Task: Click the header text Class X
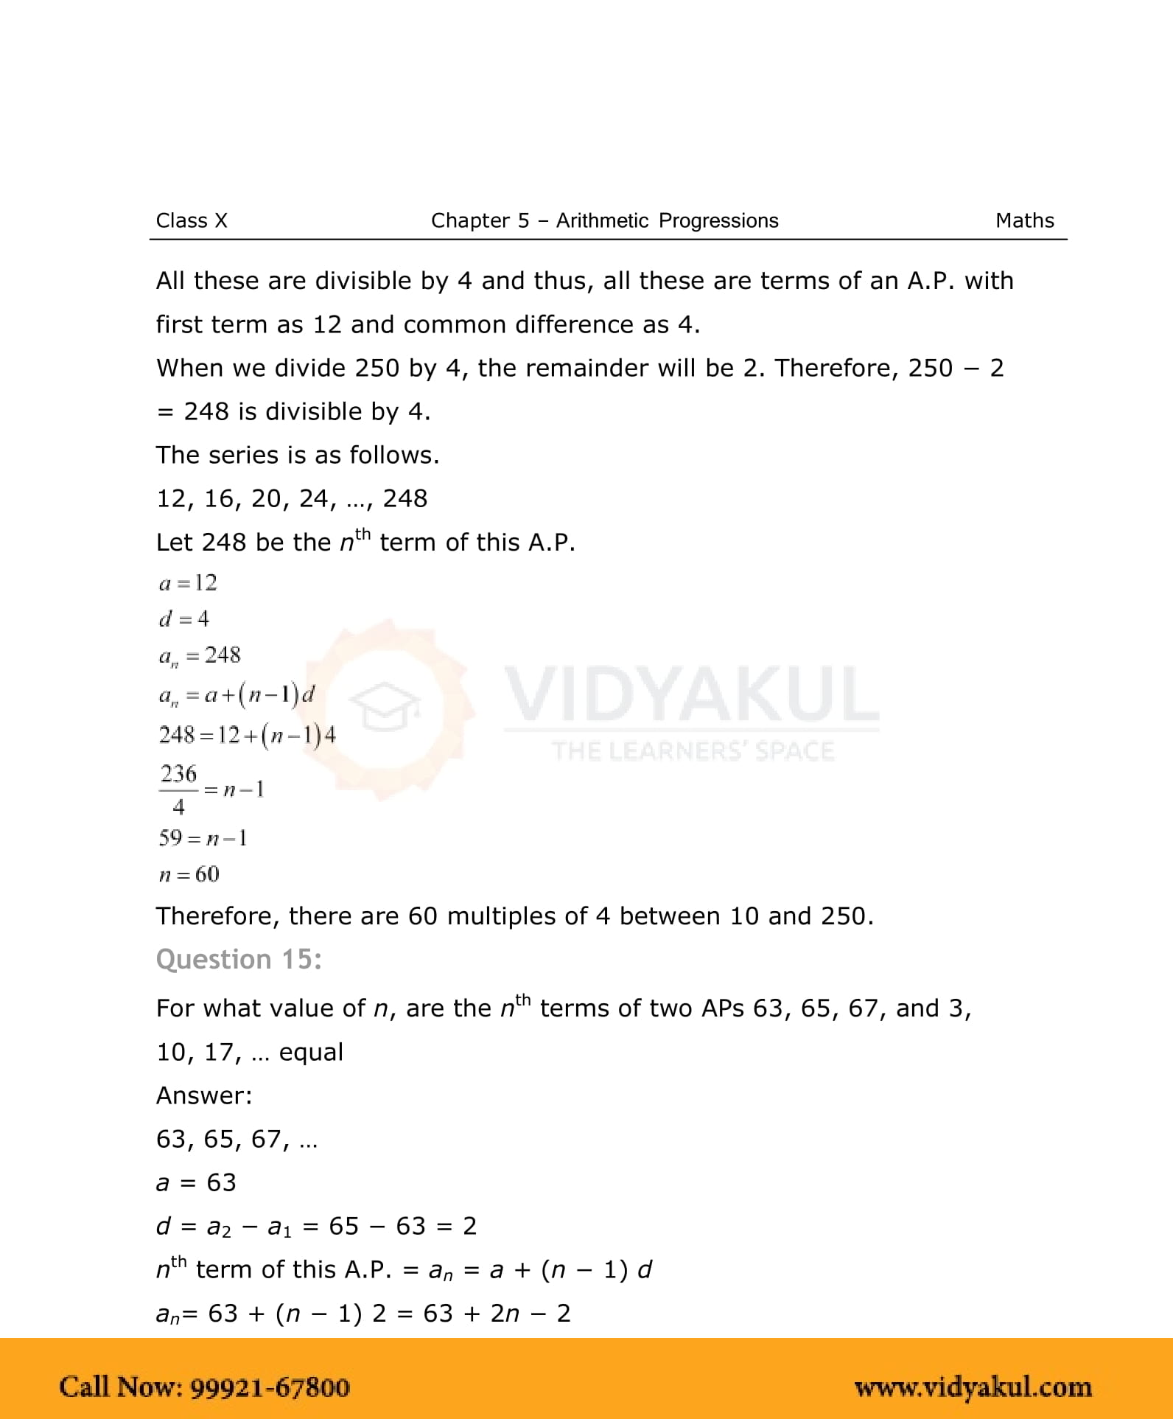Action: click(192, 220)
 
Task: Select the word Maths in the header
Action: click(1024, 220)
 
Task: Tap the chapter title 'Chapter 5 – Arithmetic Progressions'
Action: click(604, 220)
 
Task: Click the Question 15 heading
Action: click(239, 959)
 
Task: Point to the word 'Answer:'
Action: click(204, 1095)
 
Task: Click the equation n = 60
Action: click(189, 874)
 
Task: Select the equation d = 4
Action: click(183, 618)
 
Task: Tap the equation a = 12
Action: click(188, 583)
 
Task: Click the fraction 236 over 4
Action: click(178, 789)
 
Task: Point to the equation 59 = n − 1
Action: click(203, 837)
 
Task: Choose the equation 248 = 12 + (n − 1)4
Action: click(247, 735)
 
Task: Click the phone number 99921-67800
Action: click(270, 1387)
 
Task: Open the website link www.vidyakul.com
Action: click(973, 1387)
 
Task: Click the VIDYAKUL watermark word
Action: click(691, 694)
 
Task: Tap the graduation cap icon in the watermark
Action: click(384, 705)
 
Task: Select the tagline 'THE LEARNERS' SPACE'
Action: click(693, 751)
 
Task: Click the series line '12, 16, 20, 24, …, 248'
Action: click(291, 498)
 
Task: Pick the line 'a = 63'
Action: click(195, 1182)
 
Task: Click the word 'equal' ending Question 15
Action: click(310, 1052)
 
